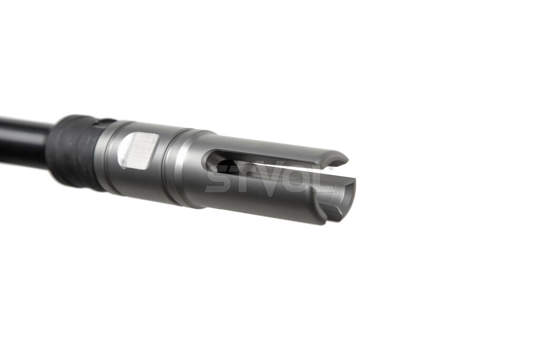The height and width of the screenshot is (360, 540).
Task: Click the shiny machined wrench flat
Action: (x=139, y=150)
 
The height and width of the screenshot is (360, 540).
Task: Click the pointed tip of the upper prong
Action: (x=347, y=160)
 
